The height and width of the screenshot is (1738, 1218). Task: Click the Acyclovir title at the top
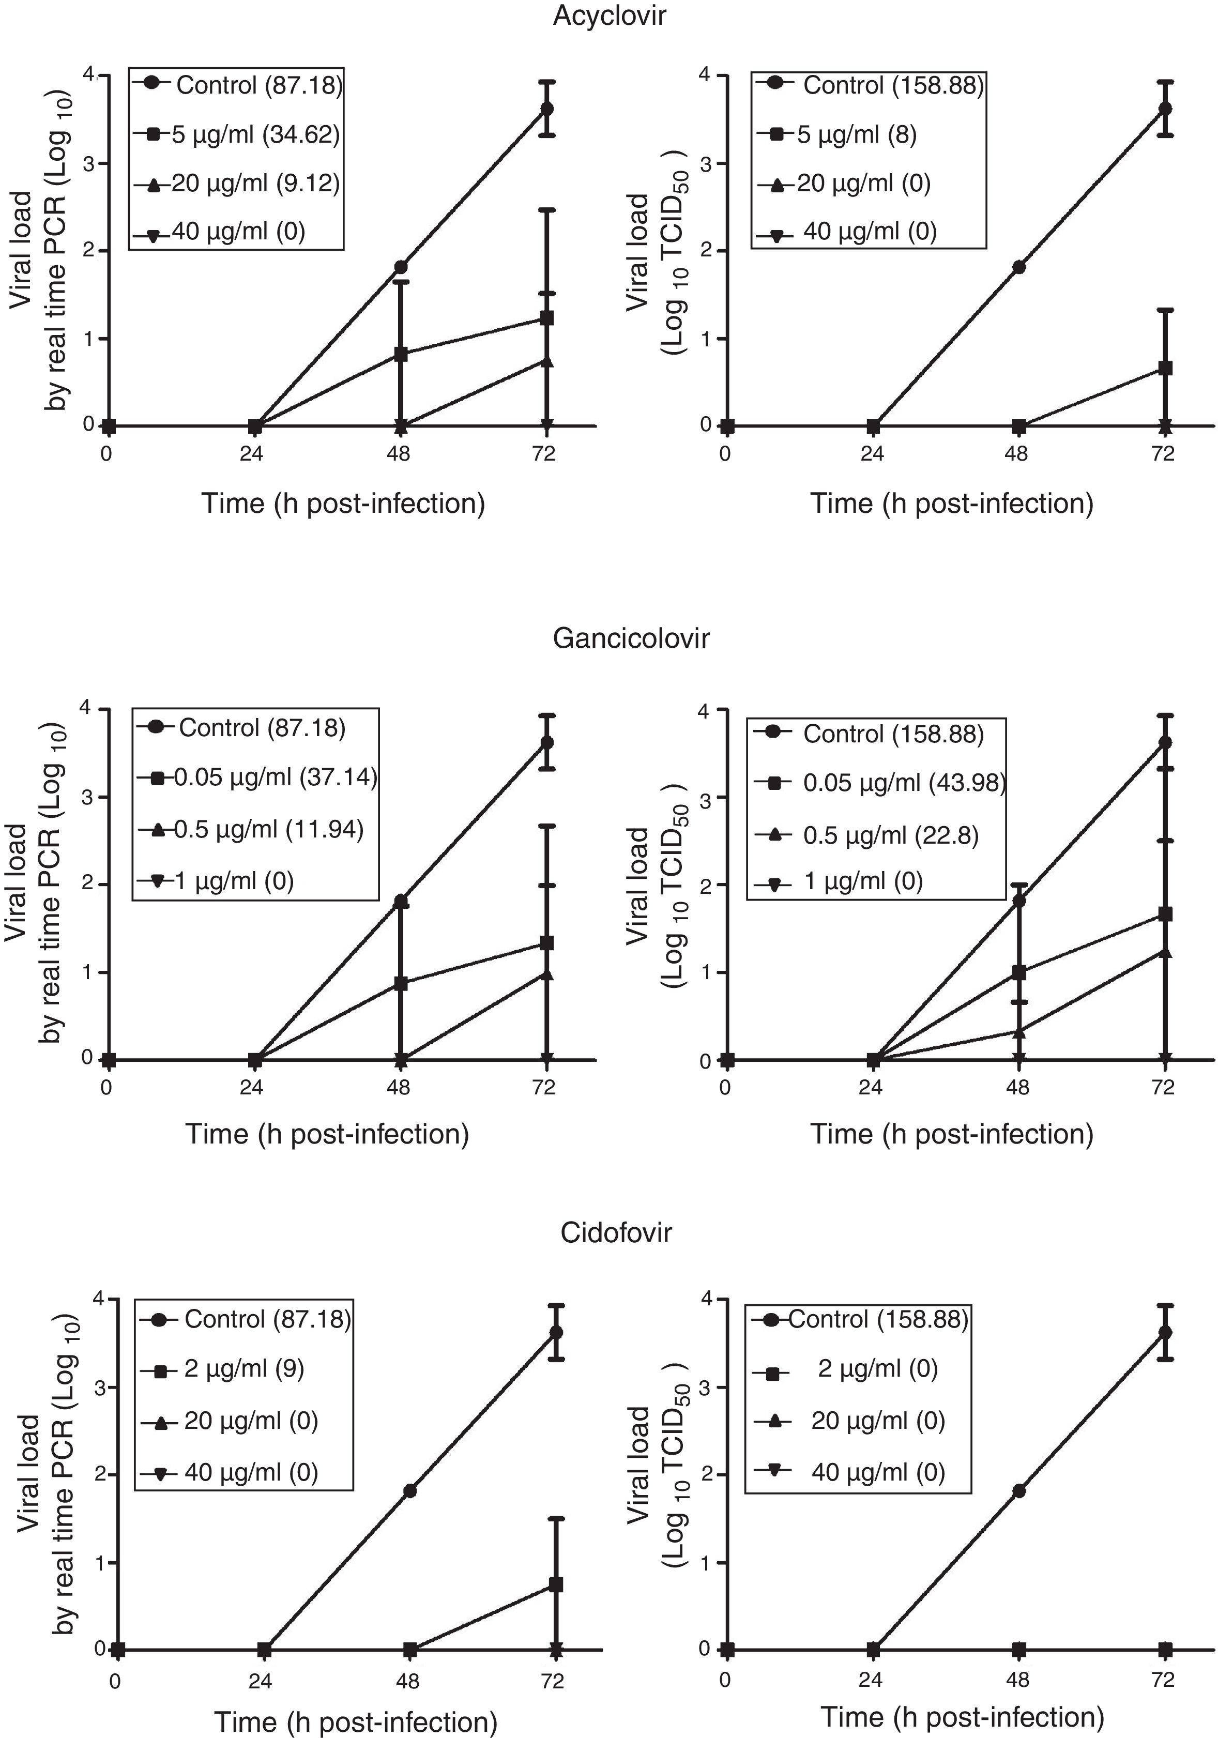click(x=610, y=16)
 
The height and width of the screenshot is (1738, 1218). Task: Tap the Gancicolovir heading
click(x=631, y=638)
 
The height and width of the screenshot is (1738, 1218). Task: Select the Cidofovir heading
click(x=615, y=1233)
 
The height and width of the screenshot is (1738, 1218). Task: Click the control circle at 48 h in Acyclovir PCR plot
click(x=401, y=267)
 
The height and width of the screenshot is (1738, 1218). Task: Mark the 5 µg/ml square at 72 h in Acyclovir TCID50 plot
click(x=1166, y=368)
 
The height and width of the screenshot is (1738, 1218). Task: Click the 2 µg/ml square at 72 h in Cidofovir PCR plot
click(x=556, y=1584)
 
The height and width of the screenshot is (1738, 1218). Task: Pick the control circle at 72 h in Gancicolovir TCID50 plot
click(x=1166, y=742)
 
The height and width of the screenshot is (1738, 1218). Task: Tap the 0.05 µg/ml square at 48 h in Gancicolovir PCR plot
click(x=401, y=984)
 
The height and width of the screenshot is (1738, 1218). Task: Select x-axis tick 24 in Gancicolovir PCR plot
click(x=251, y=1088)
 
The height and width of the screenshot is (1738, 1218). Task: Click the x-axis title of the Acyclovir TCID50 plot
click(x=952, y=504)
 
